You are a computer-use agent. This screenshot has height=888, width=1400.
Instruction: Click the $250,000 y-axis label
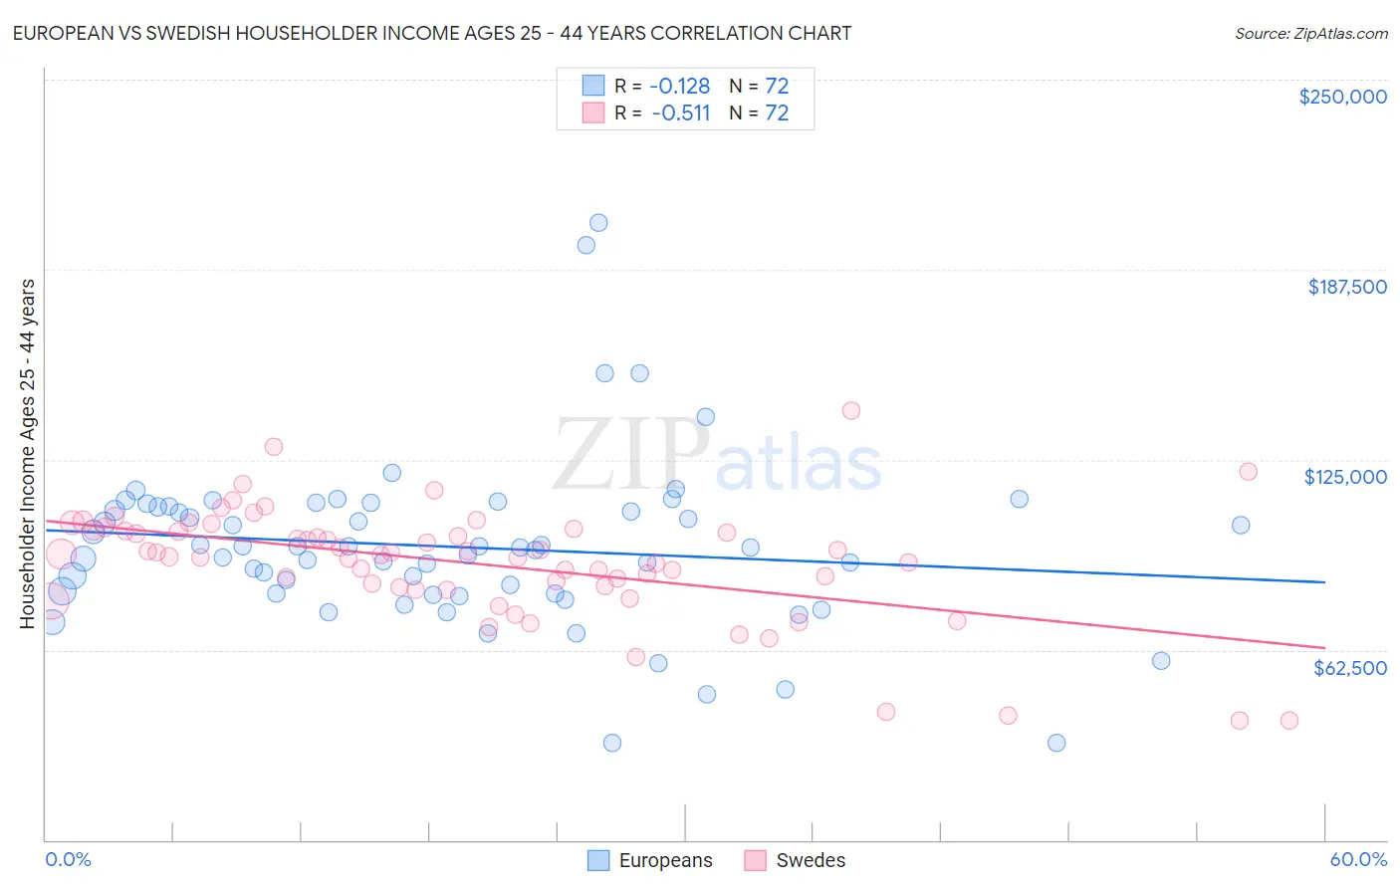[x=1342, y=97]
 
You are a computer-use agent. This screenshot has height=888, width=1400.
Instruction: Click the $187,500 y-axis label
[x=1346, y=287]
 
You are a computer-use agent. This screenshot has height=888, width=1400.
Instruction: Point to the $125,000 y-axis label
[x=1345, y=477]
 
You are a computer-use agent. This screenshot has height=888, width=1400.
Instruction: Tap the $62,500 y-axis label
[x=1349, y=668]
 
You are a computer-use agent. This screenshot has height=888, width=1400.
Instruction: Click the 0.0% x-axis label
[x=68, y=859]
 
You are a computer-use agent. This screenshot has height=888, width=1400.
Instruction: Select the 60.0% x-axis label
[x=1357, y=859]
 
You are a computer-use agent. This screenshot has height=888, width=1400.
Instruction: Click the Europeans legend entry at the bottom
[x=650, y=860]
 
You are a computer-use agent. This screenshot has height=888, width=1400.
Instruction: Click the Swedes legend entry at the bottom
[x=795, y=860]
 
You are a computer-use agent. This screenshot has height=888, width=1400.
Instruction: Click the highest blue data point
[x=598, y=223]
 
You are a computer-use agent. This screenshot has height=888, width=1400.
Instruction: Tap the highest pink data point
[x=851, y=410]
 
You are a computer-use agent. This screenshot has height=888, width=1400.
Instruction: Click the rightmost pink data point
[x=1289, y=721]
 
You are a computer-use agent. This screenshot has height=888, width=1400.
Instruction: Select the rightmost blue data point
[x=1241, y=525]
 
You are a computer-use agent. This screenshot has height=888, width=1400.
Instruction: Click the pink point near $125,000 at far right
[x=1248, y=472]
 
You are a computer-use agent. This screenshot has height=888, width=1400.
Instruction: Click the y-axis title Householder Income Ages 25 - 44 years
[x=27, y=454]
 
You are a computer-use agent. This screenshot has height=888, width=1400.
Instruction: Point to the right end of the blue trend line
[x=1324, y=581]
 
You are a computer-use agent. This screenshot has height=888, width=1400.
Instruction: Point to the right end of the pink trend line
[x=1324, y=648]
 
